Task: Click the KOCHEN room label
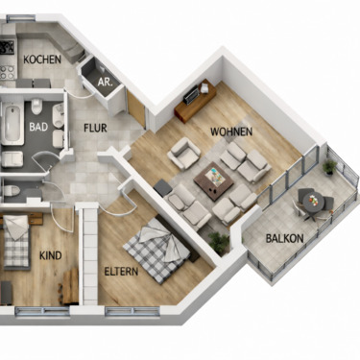click(x=42, y=60)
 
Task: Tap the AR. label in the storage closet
click(x=106, y=83)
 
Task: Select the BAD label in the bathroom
click(x=39, y=126)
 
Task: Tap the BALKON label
click(x=284, y=238)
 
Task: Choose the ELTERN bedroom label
click(x=121, y=272)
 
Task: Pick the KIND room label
click(x=50, y=255)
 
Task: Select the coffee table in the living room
click(x=213, y=177)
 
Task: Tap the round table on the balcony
click(x=310, y=199)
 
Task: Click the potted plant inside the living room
click(x=221, y=240)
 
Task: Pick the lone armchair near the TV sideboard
click(x=182, y=151)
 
